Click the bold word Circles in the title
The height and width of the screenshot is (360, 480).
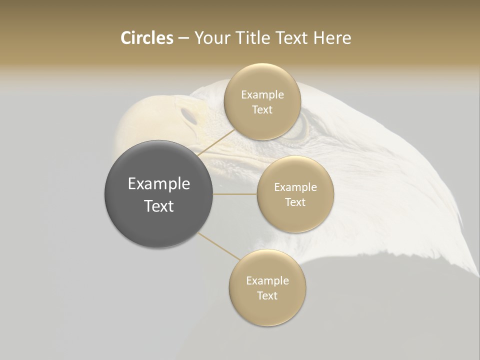coord(146,38)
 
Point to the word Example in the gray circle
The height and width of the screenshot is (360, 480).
coord(159,184)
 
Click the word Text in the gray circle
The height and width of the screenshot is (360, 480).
coord(159,206)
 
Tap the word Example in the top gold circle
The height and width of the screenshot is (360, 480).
coord(262,95)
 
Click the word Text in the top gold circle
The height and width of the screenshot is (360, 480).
coord(262,110)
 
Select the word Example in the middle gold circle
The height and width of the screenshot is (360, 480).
coord(295,187)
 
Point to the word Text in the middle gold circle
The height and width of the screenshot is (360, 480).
coord(295,202)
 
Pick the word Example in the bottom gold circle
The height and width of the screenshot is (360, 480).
coord(267,281)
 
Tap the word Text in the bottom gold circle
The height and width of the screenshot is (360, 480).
coord(267,296)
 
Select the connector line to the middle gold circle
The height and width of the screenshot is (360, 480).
coord(235,194)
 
